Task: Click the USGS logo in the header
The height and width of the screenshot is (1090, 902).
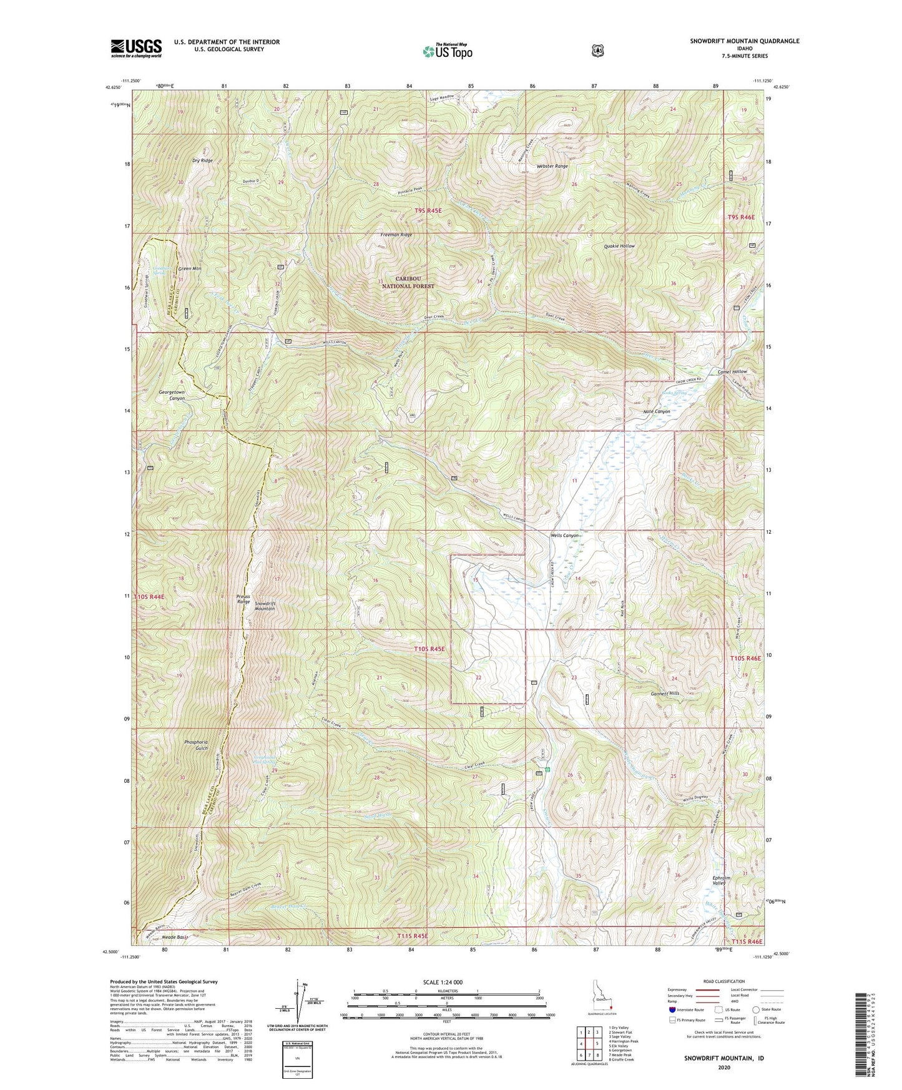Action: tap(136, 48)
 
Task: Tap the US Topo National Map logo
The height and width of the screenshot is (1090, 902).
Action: tap(447, 51)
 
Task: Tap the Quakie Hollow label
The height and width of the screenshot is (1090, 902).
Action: tap(619, 246)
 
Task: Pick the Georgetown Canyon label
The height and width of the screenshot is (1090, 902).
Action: tap(172, 395)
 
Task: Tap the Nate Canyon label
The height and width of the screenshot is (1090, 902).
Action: tap(657, 411)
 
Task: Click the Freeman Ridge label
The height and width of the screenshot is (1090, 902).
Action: tap(396, 235)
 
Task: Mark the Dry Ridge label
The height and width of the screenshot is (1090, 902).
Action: tap(202, 160)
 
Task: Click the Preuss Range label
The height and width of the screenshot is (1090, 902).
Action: tap(243, 599)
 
